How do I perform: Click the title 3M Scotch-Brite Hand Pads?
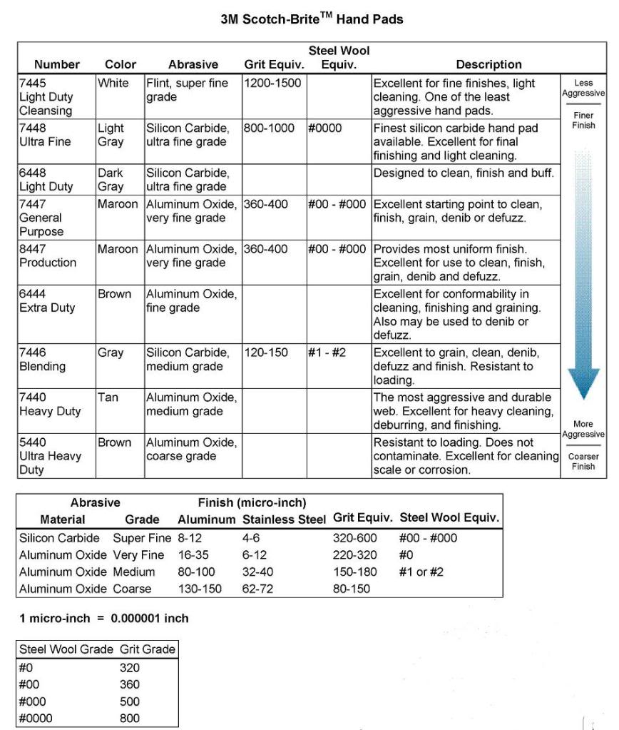pyautogui.click(x=312, y=19)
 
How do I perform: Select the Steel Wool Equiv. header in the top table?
pyautogui.click(x=339, y=58)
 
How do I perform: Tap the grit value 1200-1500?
pyautogui.click(x=272, y=83)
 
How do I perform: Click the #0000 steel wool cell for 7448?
pyautogui.click(x=325, y=128)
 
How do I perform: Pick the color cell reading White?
pyautogui.click(x=113, y=83)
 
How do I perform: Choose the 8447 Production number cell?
pyautogui.click(x=47, y=255)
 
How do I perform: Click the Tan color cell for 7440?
pyautogui.click(x=108, y=397)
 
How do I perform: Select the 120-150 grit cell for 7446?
pyautogui.click(x=266, y=353)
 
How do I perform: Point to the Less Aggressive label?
pyautogui.click(x=583, y=88)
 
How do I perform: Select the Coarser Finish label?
pyautogui.click(x=583, y=461)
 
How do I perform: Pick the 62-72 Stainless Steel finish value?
pyautogui.click(x=257, y=589)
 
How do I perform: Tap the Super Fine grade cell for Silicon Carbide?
pyautogui.click(x=142, y=538)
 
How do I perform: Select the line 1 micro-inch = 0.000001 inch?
pyautogui.click(x=104, y=619)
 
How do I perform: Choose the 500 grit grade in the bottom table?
pyautogui.click(x=130, y=701)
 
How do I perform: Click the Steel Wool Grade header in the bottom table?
pyautogui.click(x=66, y=649)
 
